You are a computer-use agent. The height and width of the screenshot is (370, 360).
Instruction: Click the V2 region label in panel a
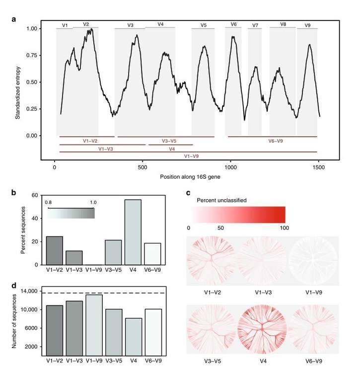tap(86, 24)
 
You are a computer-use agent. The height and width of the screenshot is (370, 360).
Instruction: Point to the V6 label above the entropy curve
tap(233, 24)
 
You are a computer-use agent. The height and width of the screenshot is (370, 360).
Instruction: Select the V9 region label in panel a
tap(308, 25)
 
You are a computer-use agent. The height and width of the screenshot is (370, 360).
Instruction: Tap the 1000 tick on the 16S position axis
tap(231, 168)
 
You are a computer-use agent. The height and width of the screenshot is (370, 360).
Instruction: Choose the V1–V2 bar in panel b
tap(55, 250)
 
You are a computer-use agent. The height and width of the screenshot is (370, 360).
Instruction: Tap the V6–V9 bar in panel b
tap(152, 254)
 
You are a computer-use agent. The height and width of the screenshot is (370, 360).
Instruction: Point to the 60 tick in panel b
tap(35, 195)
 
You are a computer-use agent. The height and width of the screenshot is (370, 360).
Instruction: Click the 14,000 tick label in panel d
tap(30, 291)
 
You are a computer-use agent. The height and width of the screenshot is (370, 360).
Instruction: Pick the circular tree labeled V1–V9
tap(313, 261)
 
